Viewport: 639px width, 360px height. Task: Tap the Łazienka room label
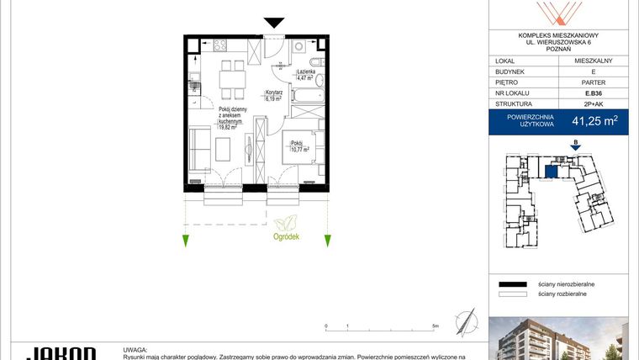pos(305,73)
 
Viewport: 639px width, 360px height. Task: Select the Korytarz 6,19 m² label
pos(273,96)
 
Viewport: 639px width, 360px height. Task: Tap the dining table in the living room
pos(230,81)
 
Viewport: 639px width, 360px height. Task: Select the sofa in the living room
pos(198,149)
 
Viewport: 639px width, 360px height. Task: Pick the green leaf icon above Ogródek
pos(286,222)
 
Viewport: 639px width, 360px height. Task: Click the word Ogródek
pos(286,237)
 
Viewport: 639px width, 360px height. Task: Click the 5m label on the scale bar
pos(435,325)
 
